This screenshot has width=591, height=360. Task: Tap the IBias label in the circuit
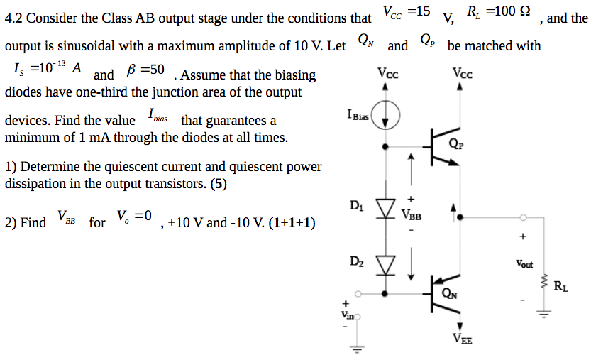[358, 114]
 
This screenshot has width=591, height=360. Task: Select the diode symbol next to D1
[385, 207]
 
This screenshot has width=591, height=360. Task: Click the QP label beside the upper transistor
[456, 144]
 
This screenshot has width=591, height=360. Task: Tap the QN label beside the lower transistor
[449, 293]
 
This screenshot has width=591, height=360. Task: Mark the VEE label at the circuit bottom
[462, 339]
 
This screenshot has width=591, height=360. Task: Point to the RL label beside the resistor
[560, 287]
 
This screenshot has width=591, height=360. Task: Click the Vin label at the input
[347, 313]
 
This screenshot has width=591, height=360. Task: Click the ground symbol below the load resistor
[545, 313]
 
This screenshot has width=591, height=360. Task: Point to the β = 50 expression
[145, 70]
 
